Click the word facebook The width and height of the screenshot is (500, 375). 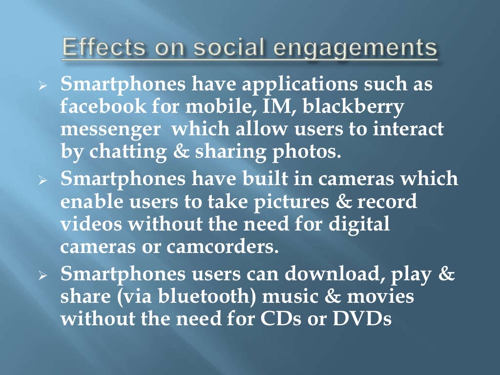click(96, 106)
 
